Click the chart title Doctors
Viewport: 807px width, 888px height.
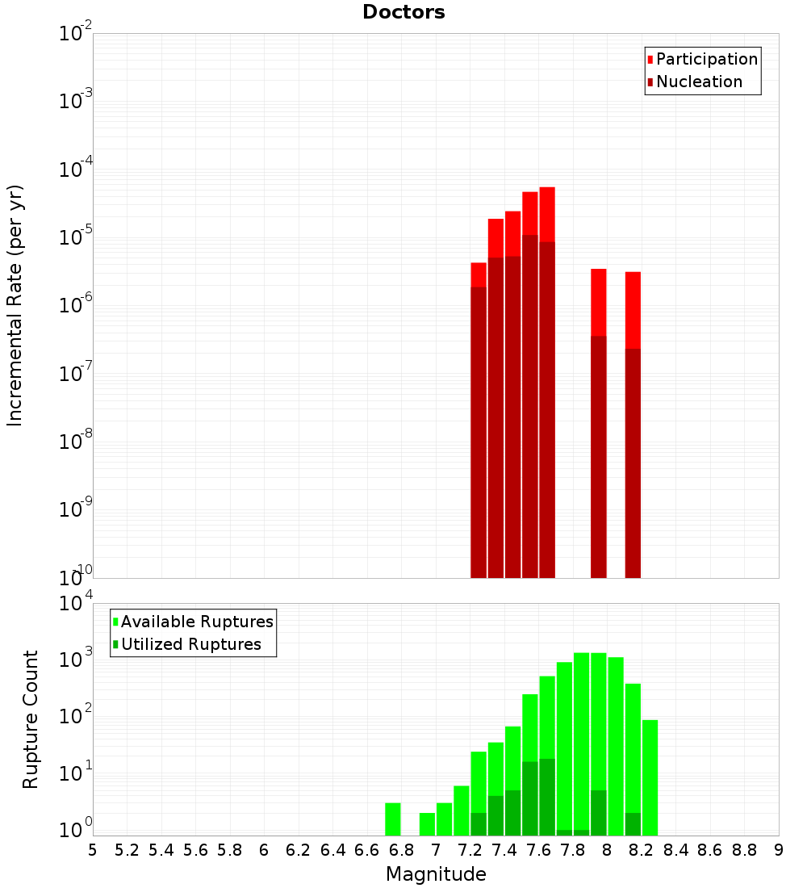coord(403,12)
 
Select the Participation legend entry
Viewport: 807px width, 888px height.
coord(707,59)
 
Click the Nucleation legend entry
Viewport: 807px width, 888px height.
coord(699,82)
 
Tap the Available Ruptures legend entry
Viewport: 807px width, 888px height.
coord(197,622)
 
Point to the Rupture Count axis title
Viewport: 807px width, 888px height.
coord(31,718)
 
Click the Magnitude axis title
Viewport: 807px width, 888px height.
coord(436,874)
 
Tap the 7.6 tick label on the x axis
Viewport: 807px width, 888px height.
coord(504,850)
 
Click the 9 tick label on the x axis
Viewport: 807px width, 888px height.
coord(779,850)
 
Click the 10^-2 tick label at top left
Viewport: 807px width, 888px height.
coord(76,33)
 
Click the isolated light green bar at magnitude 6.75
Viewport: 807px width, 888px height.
coord(393,819)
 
